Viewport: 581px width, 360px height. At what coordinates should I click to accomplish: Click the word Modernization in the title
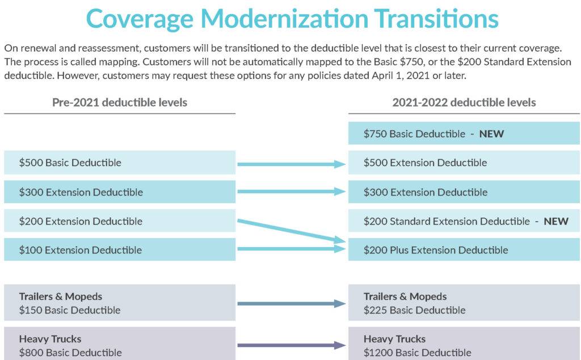click(284, 19)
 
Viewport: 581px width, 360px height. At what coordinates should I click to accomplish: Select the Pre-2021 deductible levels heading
click(120, 102)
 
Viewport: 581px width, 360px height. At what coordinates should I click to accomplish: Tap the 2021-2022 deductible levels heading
click(464, 102)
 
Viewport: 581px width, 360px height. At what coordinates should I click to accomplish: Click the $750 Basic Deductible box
click(464, 133)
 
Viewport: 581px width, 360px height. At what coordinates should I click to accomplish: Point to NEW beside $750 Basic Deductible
click(491, 134)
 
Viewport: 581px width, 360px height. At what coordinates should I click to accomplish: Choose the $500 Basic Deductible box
click(120, 162)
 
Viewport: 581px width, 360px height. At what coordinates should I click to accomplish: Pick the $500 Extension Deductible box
click(464, 162)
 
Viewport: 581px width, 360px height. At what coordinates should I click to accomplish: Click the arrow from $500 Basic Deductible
click(292, 164)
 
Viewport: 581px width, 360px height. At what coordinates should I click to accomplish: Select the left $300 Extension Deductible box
click(120, 192)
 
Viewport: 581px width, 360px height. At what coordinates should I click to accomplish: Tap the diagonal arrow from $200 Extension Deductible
click(292, 231)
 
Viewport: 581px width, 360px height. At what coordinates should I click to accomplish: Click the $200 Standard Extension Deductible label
click(447, 221)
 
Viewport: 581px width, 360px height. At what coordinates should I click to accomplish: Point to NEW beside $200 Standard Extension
click(556, 222)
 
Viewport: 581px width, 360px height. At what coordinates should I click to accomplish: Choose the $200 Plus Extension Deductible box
click(464, 249)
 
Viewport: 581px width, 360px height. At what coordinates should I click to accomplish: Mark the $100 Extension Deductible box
click(120, 249)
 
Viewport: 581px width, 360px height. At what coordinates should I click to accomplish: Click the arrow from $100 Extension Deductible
click(292, 249)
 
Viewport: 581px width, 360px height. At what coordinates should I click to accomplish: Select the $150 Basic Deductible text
click(70, 310)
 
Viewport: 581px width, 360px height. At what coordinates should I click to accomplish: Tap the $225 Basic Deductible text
click(414, 310)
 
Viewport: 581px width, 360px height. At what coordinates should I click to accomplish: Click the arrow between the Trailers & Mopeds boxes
click(292, 304)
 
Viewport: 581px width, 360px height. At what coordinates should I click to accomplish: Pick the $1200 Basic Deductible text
click(417, 353)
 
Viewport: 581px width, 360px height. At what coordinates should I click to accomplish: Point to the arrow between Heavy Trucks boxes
click(292, 346)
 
